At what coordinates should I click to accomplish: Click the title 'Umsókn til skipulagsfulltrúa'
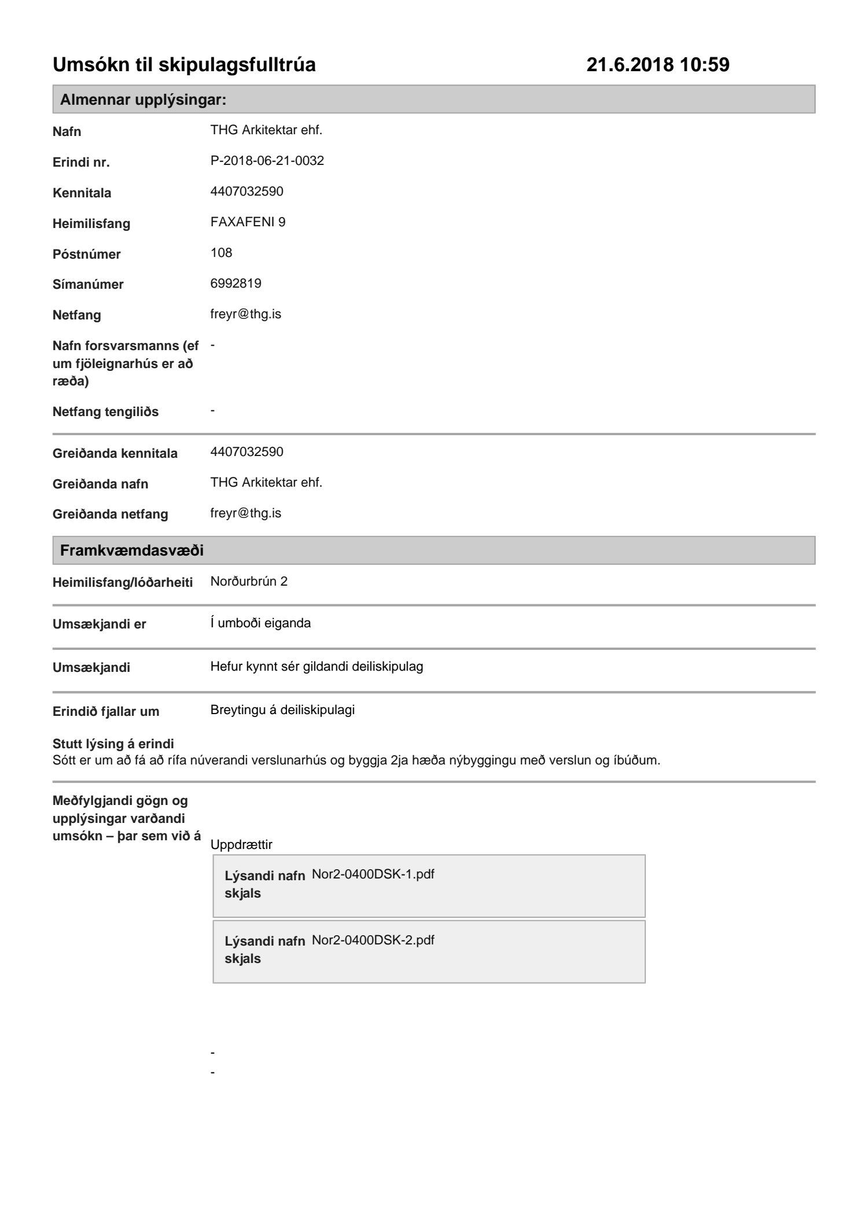tap(184, 65)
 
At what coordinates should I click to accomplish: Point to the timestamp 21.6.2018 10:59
tap(657, 65)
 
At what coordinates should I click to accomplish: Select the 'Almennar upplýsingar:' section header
tap(143, 100)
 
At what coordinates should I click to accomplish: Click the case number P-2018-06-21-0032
tap(267, 161)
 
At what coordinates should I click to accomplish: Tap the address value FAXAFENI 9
tap(248, 222)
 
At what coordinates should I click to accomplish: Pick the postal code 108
tap(221, 253)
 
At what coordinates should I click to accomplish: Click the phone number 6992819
tap(236, 284)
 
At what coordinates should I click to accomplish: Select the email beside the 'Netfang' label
tap(245, 314)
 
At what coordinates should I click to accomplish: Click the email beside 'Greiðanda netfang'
tap(245, 513)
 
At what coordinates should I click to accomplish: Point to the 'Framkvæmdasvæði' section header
tap(131, 550)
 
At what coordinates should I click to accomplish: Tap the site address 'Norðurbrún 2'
tap(249, 581)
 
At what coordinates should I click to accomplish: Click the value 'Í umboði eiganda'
tap(260, 623)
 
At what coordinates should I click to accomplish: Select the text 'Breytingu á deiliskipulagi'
tap(282, 710)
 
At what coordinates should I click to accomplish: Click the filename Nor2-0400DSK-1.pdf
tap(373, 874)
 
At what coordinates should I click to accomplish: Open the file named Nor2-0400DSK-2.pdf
tap(373, 940)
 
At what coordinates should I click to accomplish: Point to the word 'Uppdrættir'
tap(241, 844)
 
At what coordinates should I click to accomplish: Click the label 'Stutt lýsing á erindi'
tap(113, 744)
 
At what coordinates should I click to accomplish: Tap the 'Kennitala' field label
tap(82, 193)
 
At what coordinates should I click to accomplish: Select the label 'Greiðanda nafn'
tap(100, 484)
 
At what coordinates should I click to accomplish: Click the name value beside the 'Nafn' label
tap(266, 130)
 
